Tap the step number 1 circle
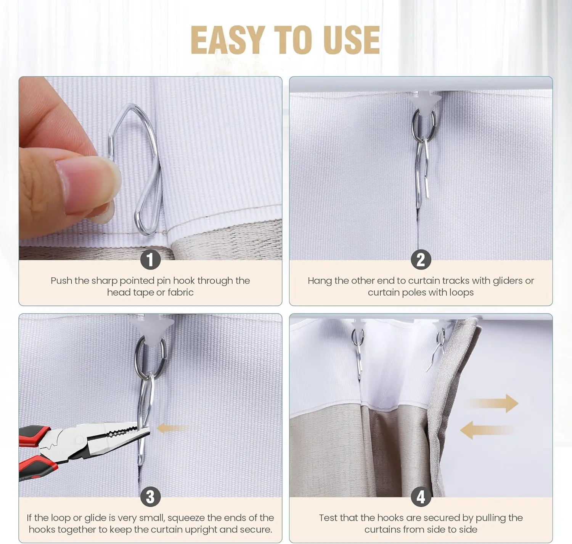pyautogui.click(x=150, y=259)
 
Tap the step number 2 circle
pyautogui.click(x=421, y=259)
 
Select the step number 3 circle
pyautogui.click(x=150, y=497)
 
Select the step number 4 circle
pyautogui.click(x=421, y=497)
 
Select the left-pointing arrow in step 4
pyautogui.click(x=485, y=430)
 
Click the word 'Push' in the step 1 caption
pyautogui.click(x=61, y=281)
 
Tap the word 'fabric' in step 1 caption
pyautogui.click(x=181, y=292)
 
